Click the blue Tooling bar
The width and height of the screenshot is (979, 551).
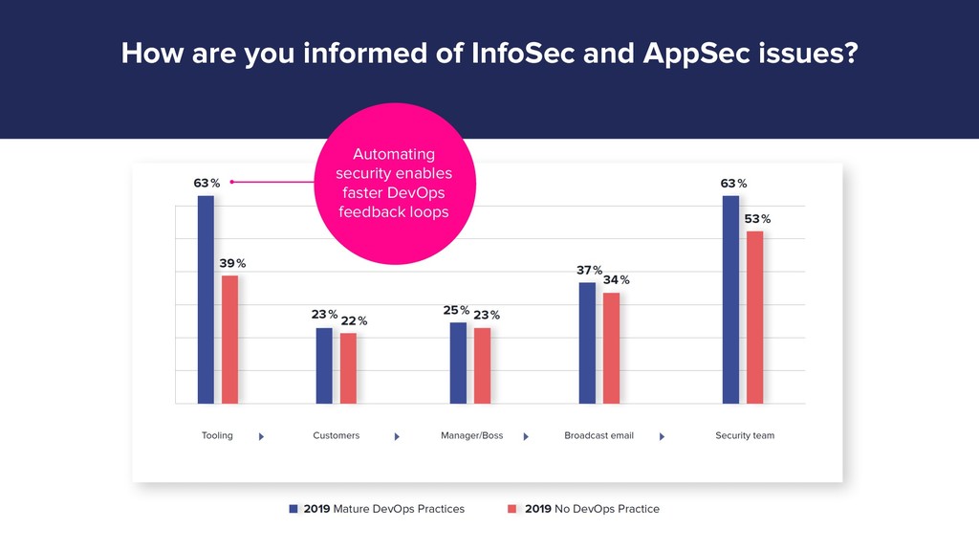tap(206, 299)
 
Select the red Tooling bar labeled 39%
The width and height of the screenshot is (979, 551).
tap(229, 340)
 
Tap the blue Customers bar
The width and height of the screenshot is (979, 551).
tap(324, 365)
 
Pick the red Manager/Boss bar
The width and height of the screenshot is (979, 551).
tap(482, 365)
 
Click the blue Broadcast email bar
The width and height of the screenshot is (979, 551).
tap(587, 342)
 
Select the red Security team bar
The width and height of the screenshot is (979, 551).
tap(754, 317)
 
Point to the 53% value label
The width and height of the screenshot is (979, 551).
tap(757, 219)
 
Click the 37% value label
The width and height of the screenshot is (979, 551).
tap(589, 271)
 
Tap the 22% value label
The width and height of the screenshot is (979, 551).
tap(354, 320)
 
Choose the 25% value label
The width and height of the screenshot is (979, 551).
tap(456, 310)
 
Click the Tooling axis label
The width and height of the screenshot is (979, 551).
tap(217, 435)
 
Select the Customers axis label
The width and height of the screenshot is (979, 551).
tap(337, 435)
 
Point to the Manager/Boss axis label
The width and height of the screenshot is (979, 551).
tap(471, 435)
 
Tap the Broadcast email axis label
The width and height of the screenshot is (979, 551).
tap(598, 435)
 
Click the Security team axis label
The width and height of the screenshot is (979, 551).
tap(745, 435)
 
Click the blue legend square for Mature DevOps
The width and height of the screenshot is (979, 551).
tap(294, 509)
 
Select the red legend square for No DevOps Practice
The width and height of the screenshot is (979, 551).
tap(512, 509)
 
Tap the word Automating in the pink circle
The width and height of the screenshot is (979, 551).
tap(394, 154)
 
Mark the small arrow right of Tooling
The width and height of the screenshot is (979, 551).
tap(261, 436)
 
